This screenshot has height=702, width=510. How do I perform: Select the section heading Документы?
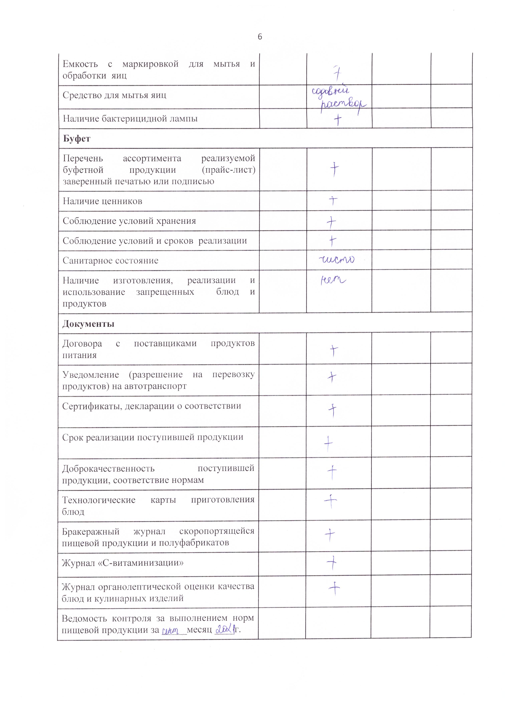(x=88, y=324)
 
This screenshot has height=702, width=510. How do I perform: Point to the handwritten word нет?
(x=333, y=280)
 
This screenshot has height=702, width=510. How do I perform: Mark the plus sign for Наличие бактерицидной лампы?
(x=337, y=119)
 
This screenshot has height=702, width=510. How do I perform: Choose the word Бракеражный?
(x=91, y=531)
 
